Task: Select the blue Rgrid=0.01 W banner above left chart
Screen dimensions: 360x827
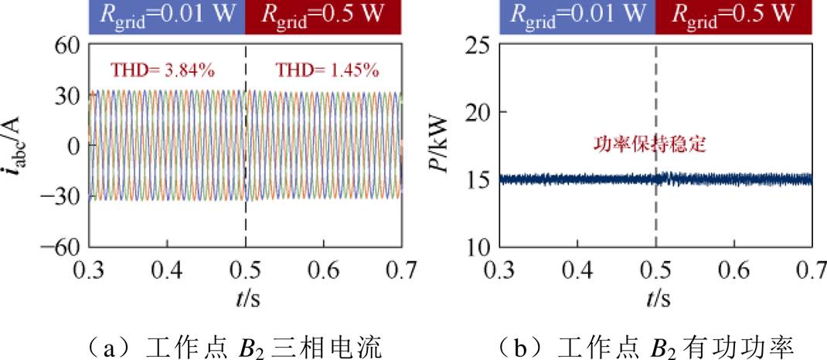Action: click(166, 15)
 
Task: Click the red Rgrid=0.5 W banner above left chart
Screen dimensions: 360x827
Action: click(323, 15)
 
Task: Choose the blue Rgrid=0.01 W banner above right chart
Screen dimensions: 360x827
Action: click(577, 15)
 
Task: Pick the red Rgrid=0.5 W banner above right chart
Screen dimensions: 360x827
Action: click(733, 15)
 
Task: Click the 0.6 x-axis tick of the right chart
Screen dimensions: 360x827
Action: click(734, 270)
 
